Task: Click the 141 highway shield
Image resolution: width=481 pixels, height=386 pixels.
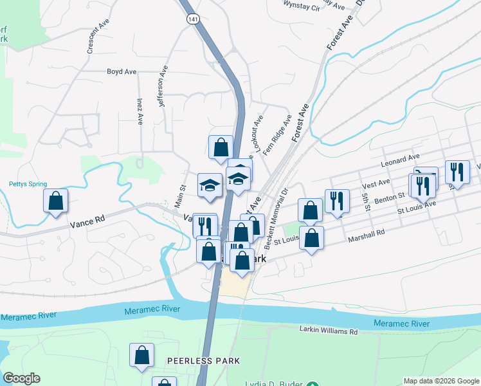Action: point(193,20)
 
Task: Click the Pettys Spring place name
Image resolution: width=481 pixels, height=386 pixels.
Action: point(28,184)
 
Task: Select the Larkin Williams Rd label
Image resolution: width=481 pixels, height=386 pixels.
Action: point(328,331)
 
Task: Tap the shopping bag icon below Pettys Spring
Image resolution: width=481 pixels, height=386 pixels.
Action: point(56,201)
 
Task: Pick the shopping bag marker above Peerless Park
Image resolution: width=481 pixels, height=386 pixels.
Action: point(142,354)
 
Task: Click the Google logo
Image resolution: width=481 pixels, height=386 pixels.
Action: point(21,378)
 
